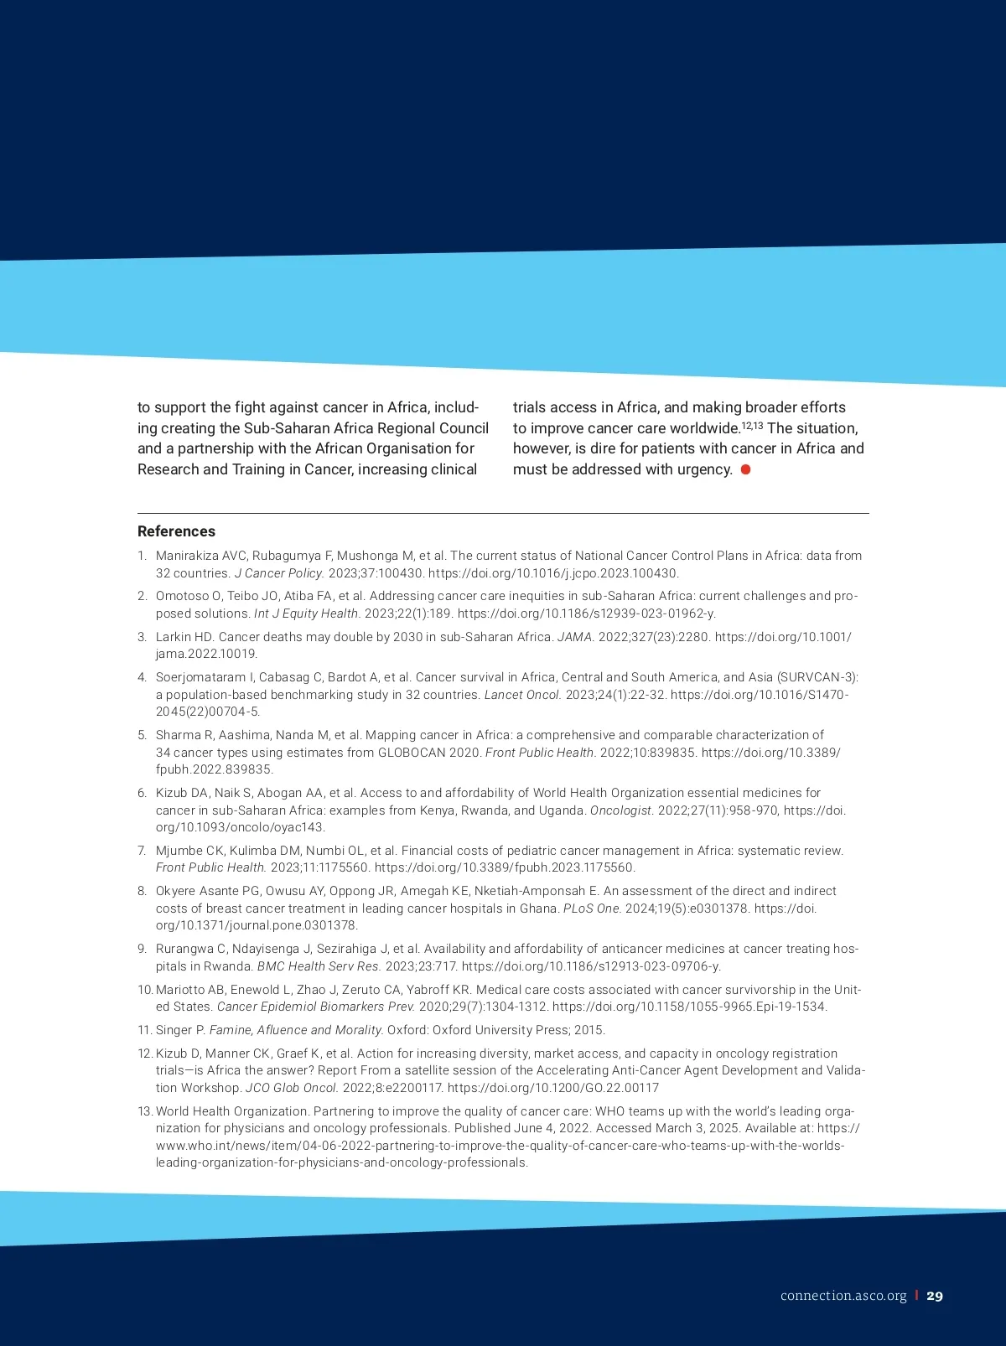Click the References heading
[176, 531]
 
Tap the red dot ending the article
[745, 469]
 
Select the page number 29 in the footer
[935, 1296]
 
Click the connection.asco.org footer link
[843, 1296]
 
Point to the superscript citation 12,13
[752, 425]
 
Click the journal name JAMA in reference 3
[576, 637]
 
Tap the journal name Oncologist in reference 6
[621, 810]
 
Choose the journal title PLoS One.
[593, 909]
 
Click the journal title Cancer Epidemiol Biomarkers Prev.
[316, 1007]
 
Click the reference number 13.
[145, 1111]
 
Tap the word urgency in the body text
[703, 469]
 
